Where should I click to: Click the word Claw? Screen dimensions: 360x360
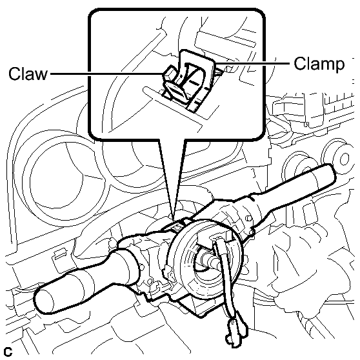(28, 74)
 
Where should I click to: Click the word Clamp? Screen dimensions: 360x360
(319, 63)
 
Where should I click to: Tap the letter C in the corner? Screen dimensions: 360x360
(8, 352)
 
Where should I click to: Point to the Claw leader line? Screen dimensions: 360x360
(106, 74)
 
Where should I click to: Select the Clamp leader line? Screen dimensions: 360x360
(252, 63)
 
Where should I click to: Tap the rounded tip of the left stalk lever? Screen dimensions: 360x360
(44, 301)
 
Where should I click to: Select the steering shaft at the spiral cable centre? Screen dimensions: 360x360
(212, 261)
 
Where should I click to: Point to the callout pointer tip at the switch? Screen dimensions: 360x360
(174, 220)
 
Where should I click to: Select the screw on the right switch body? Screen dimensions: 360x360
(248, 218)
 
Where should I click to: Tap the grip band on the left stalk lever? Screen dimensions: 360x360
(87, 281)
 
